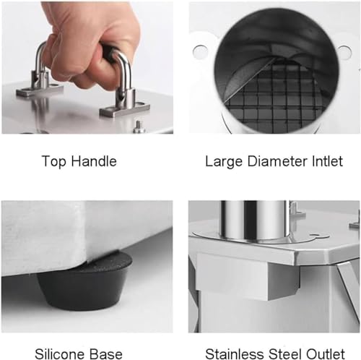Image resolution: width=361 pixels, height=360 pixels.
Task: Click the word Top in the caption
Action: (x=53, y=162)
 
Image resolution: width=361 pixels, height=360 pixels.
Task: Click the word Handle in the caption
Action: (x=94, y=161)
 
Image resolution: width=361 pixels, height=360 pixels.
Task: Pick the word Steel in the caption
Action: (x=284, y=354)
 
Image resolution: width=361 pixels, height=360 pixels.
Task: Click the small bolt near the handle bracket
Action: (x=139, y=127)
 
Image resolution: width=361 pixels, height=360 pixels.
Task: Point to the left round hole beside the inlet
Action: (x=200, y=51)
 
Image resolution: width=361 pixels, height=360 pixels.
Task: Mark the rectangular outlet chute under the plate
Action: (x=248, y=277)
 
